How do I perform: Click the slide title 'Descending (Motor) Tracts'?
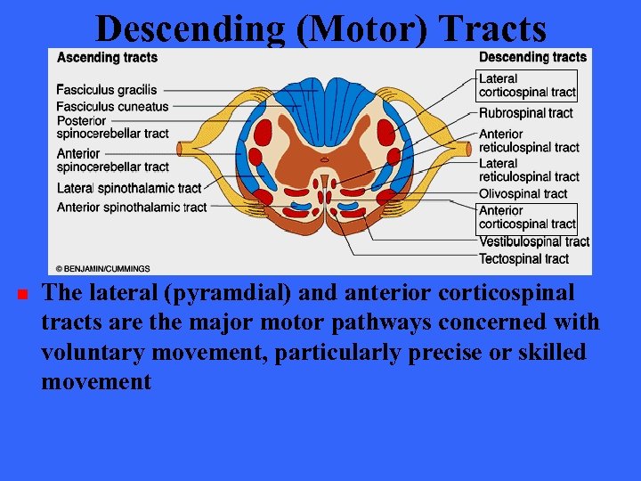tap(320, 29)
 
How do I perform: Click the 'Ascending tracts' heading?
tap(107, 58)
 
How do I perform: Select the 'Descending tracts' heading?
tap(532, 58)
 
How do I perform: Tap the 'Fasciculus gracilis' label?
tap(106, 89)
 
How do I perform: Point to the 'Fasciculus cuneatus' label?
tap(112, 106)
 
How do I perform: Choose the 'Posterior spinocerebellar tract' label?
tap(112, 126)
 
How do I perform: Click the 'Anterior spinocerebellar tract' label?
tap(112, 159)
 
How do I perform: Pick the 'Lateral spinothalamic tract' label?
tap(129, 188)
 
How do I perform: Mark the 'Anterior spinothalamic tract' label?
tap(132, 208)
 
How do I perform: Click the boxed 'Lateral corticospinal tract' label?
tap(527, 86)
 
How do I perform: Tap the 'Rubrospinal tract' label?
tap(525, 113)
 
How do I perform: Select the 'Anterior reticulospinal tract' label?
tap(529, 141)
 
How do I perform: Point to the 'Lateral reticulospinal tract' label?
tap(529, 170)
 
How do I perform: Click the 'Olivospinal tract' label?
tap(523, 193)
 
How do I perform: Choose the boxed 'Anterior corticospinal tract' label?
tap(527, 217)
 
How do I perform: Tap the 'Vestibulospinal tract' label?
tap(534, 241)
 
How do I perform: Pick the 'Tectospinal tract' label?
tap(523, 259)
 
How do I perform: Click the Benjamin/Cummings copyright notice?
tap(103, 268)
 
